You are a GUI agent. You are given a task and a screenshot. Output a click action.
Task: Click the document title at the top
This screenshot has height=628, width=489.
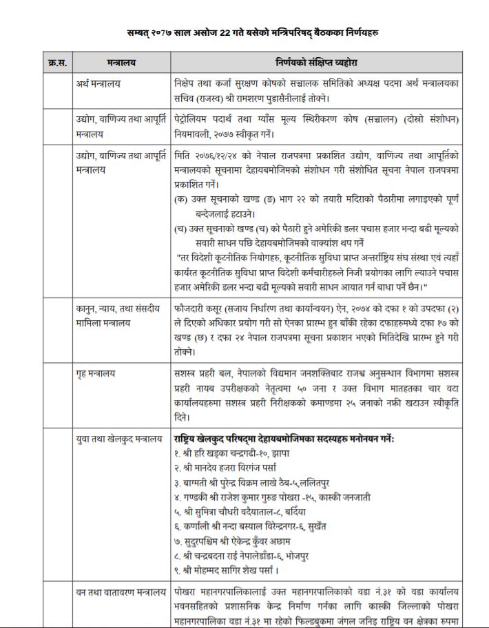click(252, 32)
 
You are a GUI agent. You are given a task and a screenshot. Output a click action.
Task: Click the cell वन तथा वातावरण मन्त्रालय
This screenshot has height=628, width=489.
click(121, 592)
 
